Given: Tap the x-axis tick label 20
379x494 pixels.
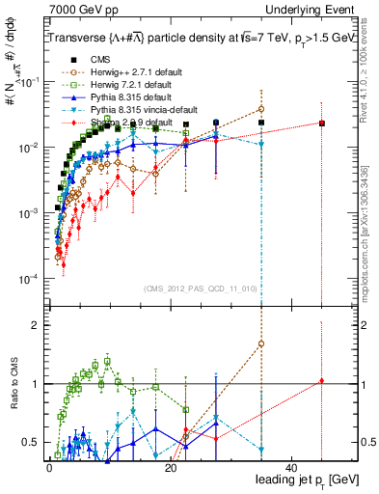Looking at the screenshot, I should pyautogui.click(x=171, y=467).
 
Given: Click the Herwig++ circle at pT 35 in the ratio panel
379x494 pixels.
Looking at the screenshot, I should pyautogui.click(x=261, y=343).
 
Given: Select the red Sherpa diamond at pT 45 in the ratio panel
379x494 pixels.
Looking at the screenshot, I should pyautogui.click(x=322, y=381).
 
